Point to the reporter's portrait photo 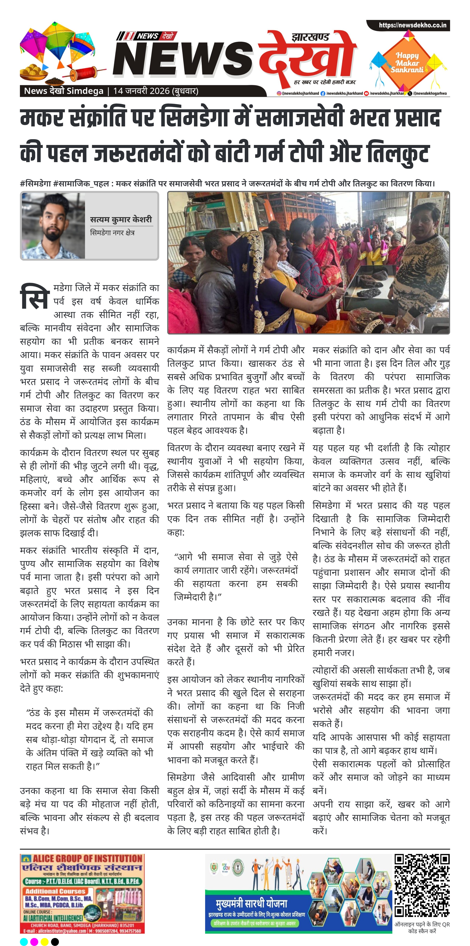54,226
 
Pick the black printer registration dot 55,939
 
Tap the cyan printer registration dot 24,939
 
